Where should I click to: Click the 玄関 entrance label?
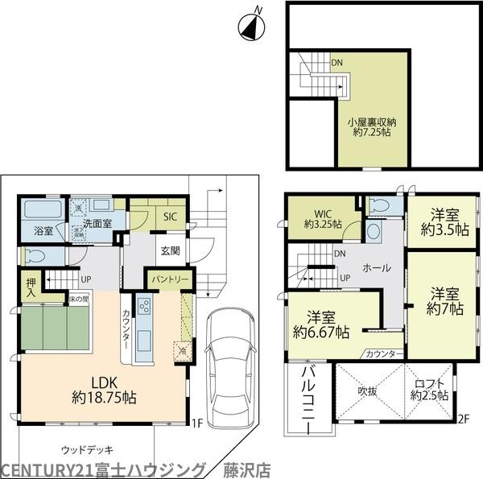170,250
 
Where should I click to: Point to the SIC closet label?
170,217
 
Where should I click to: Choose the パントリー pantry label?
167,279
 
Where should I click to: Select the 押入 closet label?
31,287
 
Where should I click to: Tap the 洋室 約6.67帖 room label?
321,324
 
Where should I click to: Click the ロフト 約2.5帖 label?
427,390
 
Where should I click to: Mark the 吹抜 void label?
368,390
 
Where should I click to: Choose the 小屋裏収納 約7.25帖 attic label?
371,126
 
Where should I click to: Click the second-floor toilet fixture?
380,206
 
